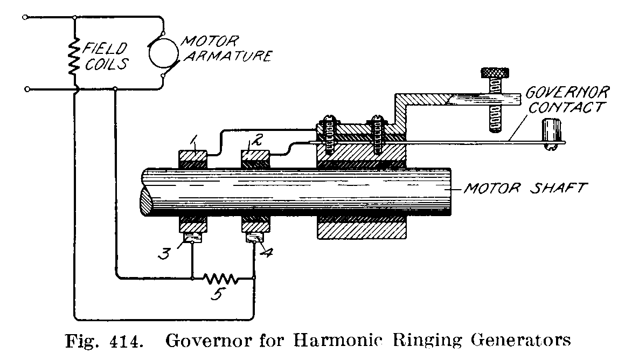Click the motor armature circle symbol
click(164, 52)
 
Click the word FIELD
click(102, 47)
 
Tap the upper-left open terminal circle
click(25, 17)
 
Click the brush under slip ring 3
click(192, 238)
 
